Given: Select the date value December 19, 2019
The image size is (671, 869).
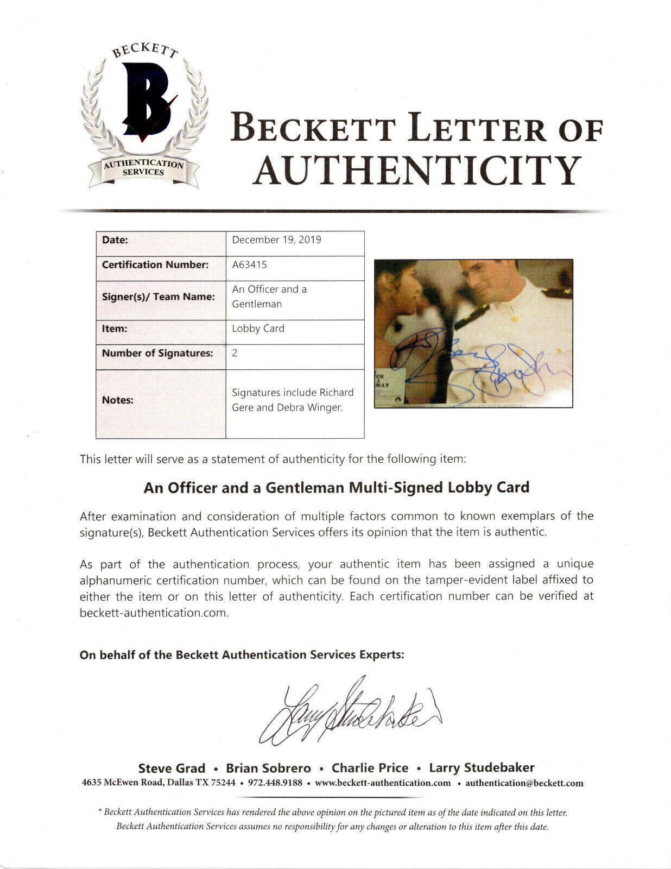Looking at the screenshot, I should click(276, 240).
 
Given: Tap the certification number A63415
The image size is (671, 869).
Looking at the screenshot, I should click(249, 265).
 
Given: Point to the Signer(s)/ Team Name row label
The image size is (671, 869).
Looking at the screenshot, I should click(158, 297).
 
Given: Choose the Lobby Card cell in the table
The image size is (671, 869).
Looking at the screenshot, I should click(258, 328).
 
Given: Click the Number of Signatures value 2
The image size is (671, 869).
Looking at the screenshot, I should click(235, 353).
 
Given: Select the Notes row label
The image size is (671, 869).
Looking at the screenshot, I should click(118, 400).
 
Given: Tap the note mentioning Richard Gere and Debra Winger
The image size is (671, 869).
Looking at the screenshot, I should click(293, 400).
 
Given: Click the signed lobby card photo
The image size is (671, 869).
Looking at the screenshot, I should click(473, 332).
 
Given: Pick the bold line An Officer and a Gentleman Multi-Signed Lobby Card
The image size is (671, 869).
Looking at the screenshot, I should click(336, 487).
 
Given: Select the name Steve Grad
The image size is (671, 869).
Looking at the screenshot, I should click(172, 768).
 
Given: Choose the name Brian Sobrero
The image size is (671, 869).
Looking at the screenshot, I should click(269, 768).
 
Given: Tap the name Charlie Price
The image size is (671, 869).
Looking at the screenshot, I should click(370, 768).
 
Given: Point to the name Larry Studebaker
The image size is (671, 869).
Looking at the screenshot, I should click(482, 768).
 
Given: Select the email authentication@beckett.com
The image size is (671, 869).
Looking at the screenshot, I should click(524, 783).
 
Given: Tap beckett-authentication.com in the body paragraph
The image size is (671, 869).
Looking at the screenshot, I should click(153, 613).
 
